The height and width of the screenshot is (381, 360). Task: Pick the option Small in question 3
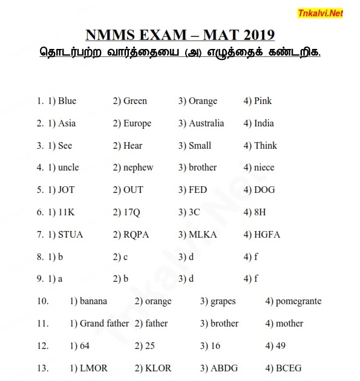(x=199, y=146)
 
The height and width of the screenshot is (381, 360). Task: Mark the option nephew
(x=138, y=168)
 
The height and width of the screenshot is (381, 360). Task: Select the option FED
(x=197, y=190)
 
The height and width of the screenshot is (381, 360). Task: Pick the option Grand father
(x=104, y=324)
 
